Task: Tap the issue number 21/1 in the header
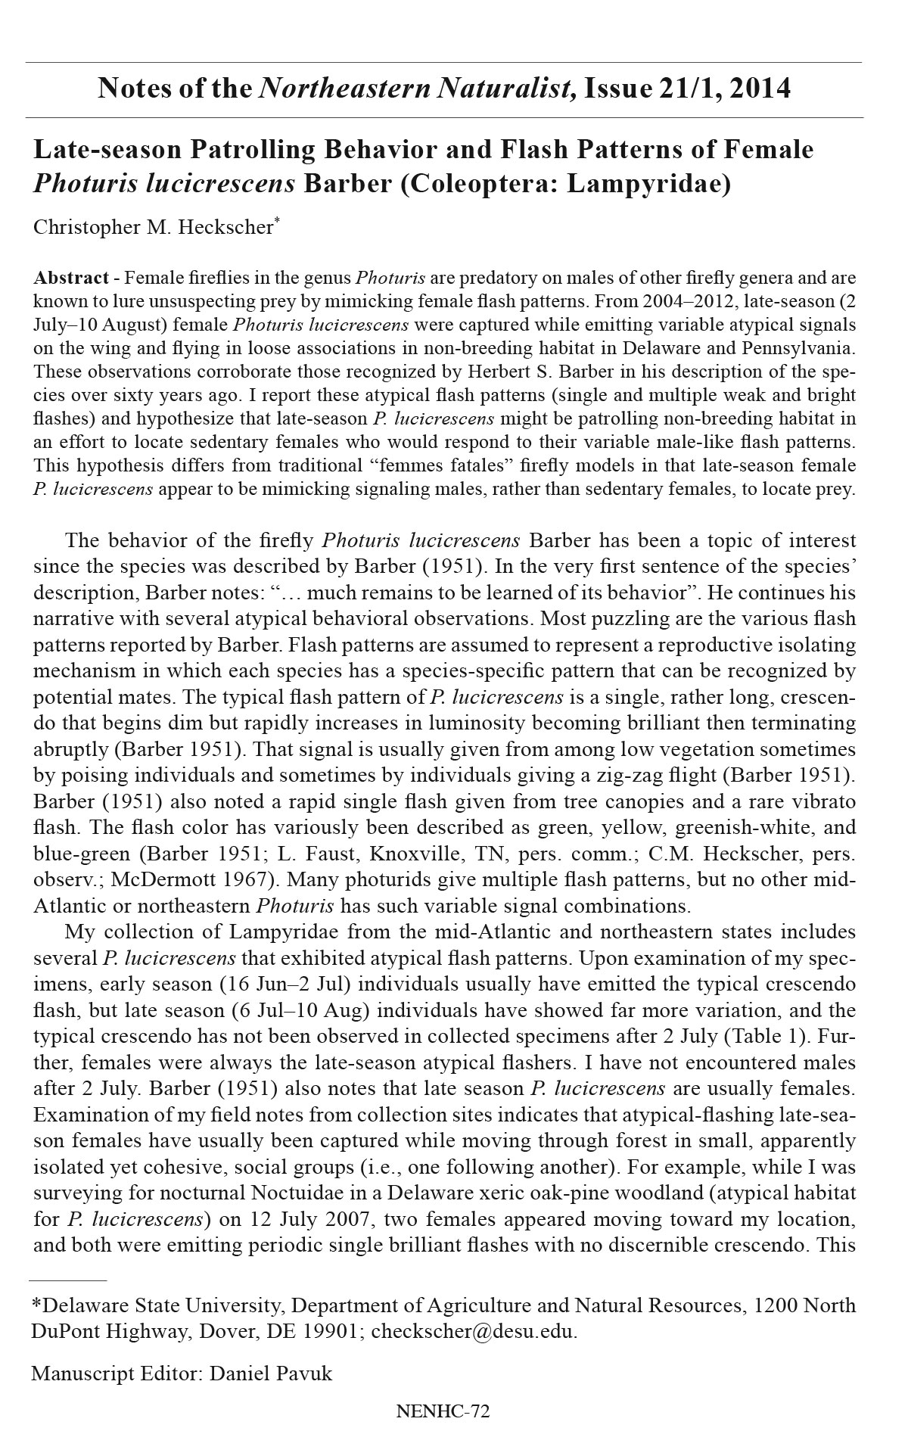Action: pos(677,89)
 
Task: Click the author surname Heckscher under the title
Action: pos(225,228)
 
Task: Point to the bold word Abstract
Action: pos(67,278)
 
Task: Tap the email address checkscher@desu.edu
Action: pos(474,1331)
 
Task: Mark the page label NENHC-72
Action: pos(443,1411)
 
